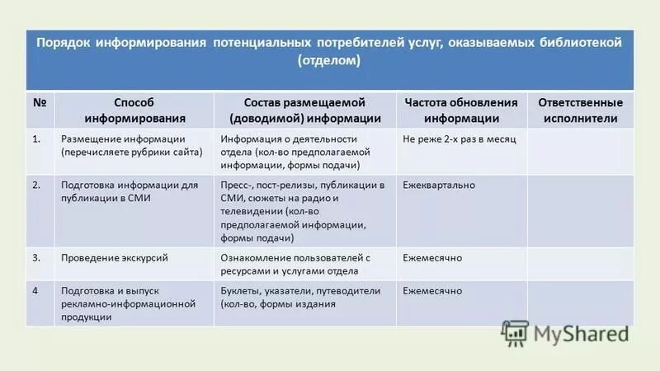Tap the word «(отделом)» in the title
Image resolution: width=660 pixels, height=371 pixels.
tap(329, 60)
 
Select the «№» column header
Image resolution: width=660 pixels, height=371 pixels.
tap(39, 103)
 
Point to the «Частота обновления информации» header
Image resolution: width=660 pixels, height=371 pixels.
tap(461, 110)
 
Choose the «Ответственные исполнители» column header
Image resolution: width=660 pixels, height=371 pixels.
tap(580, 110)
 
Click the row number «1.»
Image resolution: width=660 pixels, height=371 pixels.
tap(36, 139)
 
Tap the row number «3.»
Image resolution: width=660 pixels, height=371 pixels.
tap(36, 258)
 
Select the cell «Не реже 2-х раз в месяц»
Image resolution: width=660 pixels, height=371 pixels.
tap(459, 139)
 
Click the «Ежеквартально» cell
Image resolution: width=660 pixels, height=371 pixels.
tap(438, 185)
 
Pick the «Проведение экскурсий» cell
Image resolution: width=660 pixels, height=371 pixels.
tap(115, 258)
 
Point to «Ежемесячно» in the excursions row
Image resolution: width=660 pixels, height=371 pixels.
tap(431, 258)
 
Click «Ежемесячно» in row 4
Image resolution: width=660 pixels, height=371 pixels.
tap(431, 291)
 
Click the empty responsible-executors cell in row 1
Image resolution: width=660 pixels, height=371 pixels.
tap(580, 152)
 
